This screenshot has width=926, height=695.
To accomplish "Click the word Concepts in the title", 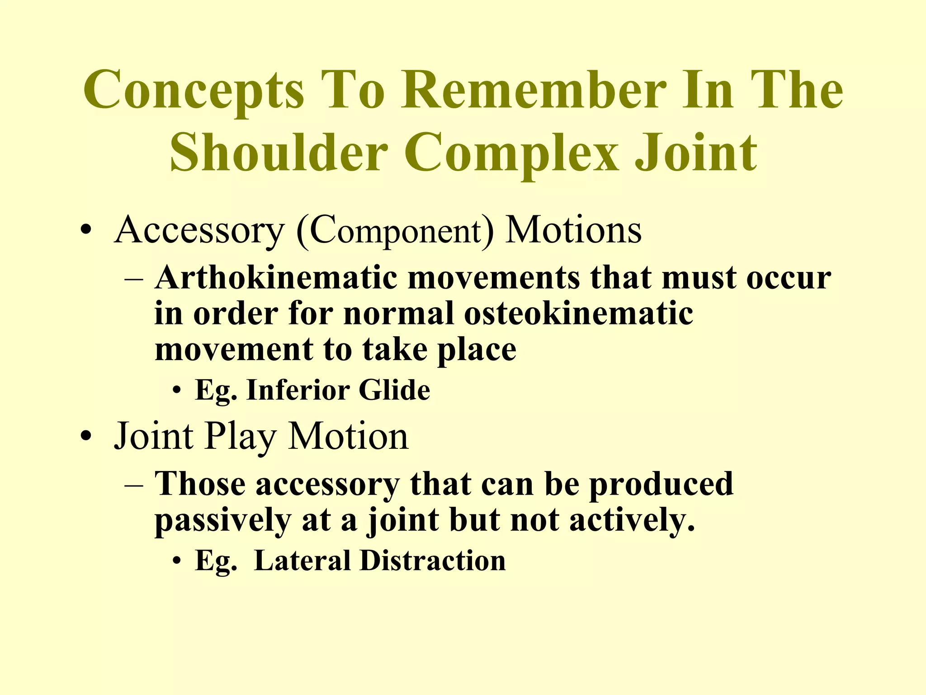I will click(x=194, y=90).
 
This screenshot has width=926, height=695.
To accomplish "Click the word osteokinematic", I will click(x=578, y=313).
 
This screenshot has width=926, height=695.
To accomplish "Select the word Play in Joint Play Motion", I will click(x=240, y=437).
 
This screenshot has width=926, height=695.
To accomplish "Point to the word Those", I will click(x=200, y=484).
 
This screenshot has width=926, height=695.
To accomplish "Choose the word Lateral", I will click(x=302, y=561).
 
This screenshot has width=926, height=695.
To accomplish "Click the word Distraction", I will click(x=433, y=561).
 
